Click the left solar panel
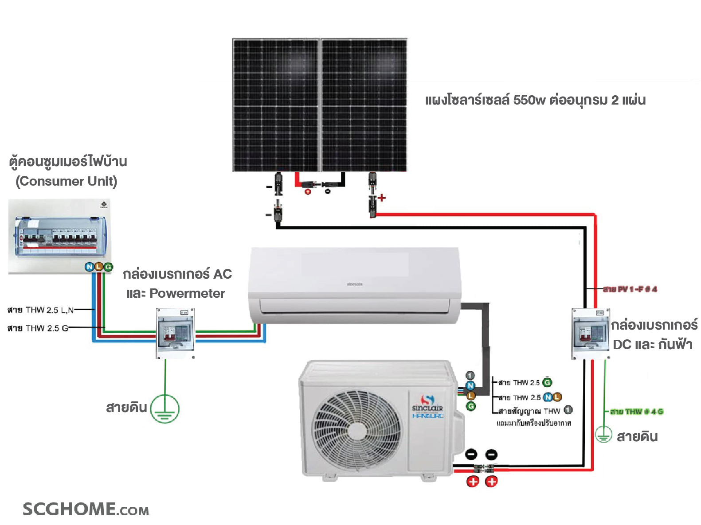(275, 105)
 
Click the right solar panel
(364, 105)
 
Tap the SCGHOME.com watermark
(86, 509)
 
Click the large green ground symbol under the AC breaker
(165, 409)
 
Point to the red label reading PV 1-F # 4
(630, 289)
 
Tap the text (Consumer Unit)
(67, 181)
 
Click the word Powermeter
(187, 293)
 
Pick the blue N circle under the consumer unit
(90, 267)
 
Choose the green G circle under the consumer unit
(108, 267)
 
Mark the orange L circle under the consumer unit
(98, 267)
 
